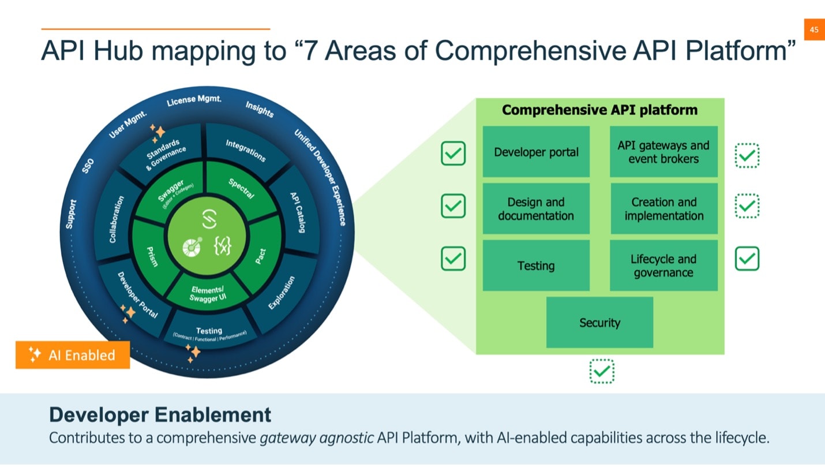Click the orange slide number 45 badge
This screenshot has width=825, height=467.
(x=814, y=30)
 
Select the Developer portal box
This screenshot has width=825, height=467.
(x=536, y=152)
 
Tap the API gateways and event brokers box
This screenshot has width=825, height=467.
(x=663, y=152)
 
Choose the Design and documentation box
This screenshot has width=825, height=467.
(x=536, y=209)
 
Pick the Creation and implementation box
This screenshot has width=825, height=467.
(x=663, y=209)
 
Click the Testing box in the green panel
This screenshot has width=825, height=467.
(x=536, y=266)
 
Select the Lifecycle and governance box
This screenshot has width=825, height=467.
(x=663, y=266)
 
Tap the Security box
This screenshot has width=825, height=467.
(x=599, y=323)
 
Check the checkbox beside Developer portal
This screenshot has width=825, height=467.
(x=453, y=154)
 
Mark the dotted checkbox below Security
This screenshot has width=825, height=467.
(x=602, y=371)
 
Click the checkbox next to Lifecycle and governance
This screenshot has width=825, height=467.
(x=747, y=259)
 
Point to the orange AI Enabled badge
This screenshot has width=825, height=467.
(x=73, y=355)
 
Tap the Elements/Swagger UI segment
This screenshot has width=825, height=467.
(x=207, y=294)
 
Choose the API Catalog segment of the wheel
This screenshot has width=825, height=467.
(x=297, y=212)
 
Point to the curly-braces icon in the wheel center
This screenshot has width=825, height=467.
(x=222, y=246)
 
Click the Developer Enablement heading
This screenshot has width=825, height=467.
(x=160, y=414)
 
